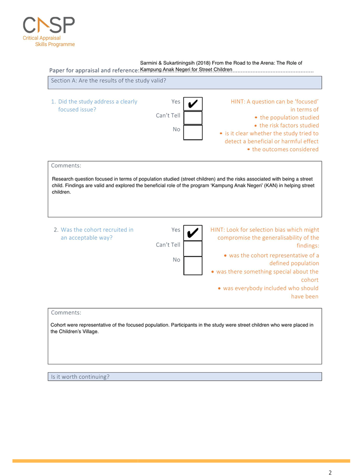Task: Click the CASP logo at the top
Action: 49,25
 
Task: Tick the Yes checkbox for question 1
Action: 193,104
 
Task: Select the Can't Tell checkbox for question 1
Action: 193,118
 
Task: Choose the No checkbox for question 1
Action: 193,132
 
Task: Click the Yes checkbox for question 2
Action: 193,233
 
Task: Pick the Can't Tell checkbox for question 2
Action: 193,248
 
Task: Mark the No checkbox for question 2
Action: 193,265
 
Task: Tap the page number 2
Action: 330,472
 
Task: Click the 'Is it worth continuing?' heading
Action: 80,376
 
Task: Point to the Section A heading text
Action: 108,81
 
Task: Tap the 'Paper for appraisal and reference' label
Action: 94,71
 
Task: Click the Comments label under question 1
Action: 66,166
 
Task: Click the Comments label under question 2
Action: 66,313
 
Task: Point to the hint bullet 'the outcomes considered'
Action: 285,150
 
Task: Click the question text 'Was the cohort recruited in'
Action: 97,230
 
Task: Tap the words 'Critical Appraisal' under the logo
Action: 42,38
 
